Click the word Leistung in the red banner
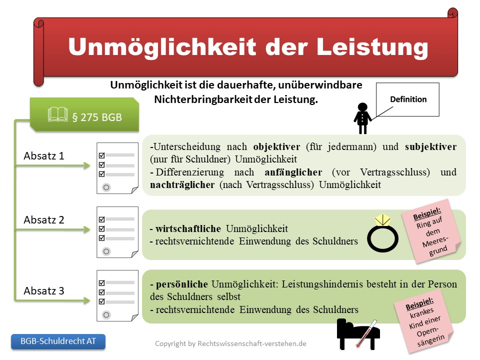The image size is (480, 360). point(372,47)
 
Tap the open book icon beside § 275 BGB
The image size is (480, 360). point(57,114)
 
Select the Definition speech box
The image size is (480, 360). point(407,99)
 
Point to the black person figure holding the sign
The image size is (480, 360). point(362,118)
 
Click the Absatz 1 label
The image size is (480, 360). point(44,156)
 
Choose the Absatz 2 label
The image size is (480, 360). point(44,220)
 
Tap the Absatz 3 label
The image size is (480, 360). point(44,290)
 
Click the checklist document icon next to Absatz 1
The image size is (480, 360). point(117,168)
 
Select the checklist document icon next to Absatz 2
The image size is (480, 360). point(117,232)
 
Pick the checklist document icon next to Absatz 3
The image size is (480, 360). point(117,295)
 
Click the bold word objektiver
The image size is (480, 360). point(276,147)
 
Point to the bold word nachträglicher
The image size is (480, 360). point(182,185)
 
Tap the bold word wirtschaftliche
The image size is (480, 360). point(188,228)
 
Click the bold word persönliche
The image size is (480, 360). point(182,284)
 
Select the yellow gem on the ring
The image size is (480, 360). point(382,220)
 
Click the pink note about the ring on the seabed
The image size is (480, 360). point(431,231)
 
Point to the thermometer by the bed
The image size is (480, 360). point(366,333)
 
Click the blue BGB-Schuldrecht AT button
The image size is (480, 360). point(58,341)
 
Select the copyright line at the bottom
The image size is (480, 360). point(230,343)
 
